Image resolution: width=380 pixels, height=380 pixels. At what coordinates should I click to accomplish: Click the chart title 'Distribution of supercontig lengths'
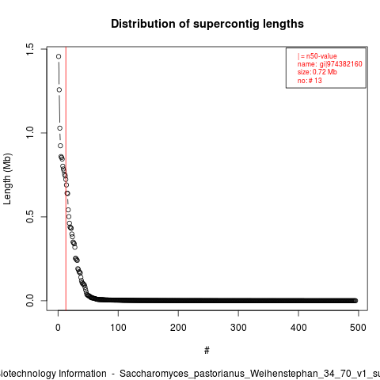[x=207, y=24]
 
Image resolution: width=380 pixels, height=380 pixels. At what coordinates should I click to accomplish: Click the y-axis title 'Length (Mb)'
[x=7, y=179]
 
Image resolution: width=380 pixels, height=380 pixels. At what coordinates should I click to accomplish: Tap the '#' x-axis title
[x=207, y=351]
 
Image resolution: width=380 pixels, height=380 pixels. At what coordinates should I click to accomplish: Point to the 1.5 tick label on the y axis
[x=30, y=49]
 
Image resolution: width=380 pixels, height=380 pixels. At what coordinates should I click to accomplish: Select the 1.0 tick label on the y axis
[x=30, y=133]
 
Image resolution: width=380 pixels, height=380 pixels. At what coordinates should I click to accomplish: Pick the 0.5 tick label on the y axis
[x=30, y=217]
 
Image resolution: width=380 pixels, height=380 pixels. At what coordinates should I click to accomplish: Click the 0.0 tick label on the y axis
[x=30, y=301]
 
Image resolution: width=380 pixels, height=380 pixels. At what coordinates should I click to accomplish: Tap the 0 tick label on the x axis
[x=58, y=328]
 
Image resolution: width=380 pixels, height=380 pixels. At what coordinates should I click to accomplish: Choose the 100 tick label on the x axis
[x=118, y=328]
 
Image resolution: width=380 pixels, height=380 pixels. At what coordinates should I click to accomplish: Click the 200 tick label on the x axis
[x=178, y=328]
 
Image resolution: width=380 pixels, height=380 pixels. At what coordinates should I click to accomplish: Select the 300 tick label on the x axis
[x=238, y=328]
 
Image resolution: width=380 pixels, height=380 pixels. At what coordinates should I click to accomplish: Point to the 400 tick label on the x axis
[x=298, y=328]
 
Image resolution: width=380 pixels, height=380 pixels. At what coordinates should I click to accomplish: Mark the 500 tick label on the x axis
[x=358, y=328]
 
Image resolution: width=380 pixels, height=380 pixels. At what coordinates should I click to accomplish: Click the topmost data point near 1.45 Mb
[x=59, y=56]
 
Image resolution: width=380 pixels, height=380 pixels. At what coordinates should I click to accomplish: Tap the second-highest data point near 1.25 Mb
[x=59, y=90]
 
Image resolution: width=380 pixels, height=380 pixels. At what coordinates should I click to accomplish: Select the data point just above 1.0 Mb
[x=60, y=128]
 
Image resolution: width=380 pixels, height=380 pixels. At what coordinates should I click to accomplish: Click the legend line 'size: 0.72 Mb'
[x=317, y=72]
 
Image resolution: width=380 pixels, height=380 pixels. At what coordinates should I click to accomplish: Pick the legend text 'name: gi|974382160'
[x=330, y=64]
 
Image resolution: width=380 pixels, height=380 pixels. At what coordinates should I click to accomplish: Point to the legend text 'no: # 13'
[x=310, y=81]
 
